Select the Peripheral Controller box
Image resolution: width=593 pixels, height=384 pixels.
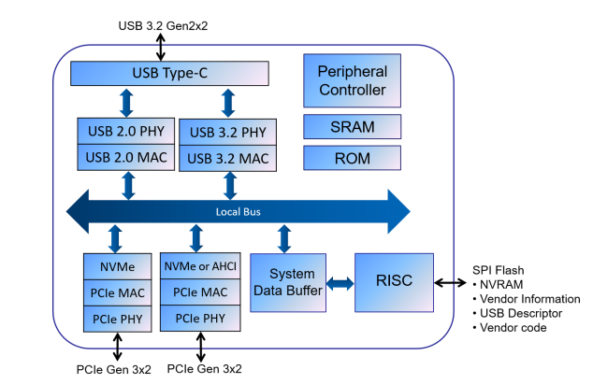(352, 80)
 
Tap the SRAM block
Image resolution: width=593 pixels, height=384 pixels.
(352, 126)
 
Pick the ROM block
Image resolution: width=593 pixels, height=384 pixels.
(352, 158)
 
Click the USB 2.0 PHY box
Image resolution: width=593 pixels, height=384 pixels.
(124, 132)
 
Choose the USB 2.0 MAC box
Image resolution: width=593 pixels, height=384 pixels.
(124, 156)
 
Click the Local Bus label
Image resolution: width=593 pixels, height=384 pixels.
(238, 212)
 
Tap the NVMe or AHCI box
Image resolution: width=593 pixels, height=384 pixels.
(199, 266)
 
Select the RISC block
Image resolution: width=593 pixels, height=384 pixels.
(395, 281)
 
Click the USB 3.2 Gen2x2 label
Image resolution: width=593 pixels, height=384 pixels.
(164, 25)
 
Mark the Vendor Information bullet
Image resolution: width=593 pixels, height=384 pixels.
(531, 299)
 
